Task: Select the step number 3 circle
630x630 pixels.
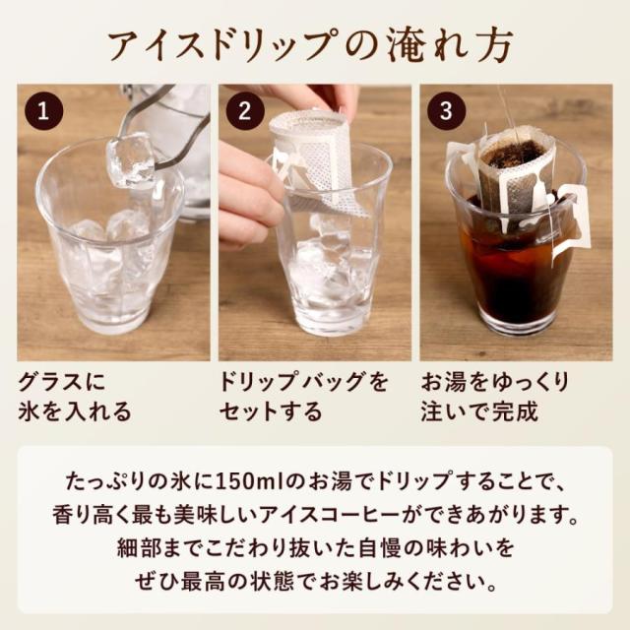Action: [444, 111]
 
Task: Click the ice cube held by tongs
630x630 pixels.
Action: [131, 159]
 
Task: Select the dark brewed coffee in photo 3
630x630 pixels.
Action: [512, 276]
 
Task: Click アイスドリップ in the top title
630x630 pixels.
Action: [216, 45]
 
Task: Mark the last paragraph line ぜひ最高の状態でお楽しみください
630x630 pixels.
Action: [315, 574]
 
